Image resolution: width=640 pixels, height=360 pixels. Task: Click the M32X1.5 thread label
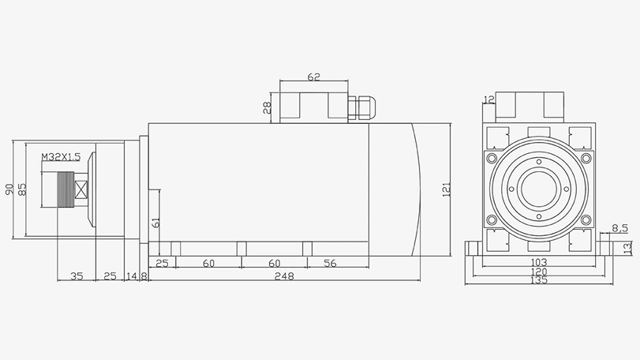click(61, 157)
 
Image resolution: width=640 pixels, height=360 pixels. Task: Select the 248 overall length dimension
click(284, 276)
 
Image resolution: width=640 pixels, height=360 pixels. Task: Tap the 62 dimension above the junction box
click(313, 77)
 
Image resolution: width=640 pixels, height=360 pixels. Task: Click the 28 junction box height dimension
click(268, 106)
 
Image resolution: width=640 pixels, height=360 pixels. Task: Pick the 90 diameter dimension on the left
click(9, 189)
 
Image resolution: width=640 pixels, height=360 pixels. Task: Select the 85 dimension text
click(22, 189)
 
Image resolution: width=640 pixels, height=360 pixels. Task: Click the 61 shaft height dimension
click(156, 223)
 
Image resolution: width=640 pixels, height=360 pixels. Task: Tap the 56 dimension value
click(330, 263)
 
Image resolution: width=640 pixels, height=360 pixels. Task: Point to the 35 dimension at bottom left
click(77, 276)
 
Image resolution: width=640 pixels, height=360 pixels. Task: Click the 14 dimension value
click(131, 276)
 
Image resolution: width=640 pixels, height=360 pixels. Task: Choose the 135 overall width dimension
click(539, 281)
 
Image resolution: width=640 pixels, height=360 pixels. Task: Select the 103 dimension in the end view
click(539, 262)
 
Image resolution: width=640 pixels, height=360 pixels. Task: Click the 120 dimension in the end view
click(539, 272)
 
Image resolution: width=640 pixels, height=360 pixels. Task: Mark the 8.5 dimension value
click(619, 229)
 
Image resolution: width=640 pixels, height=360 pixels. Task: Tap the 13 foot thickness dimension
click(628, 248)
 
